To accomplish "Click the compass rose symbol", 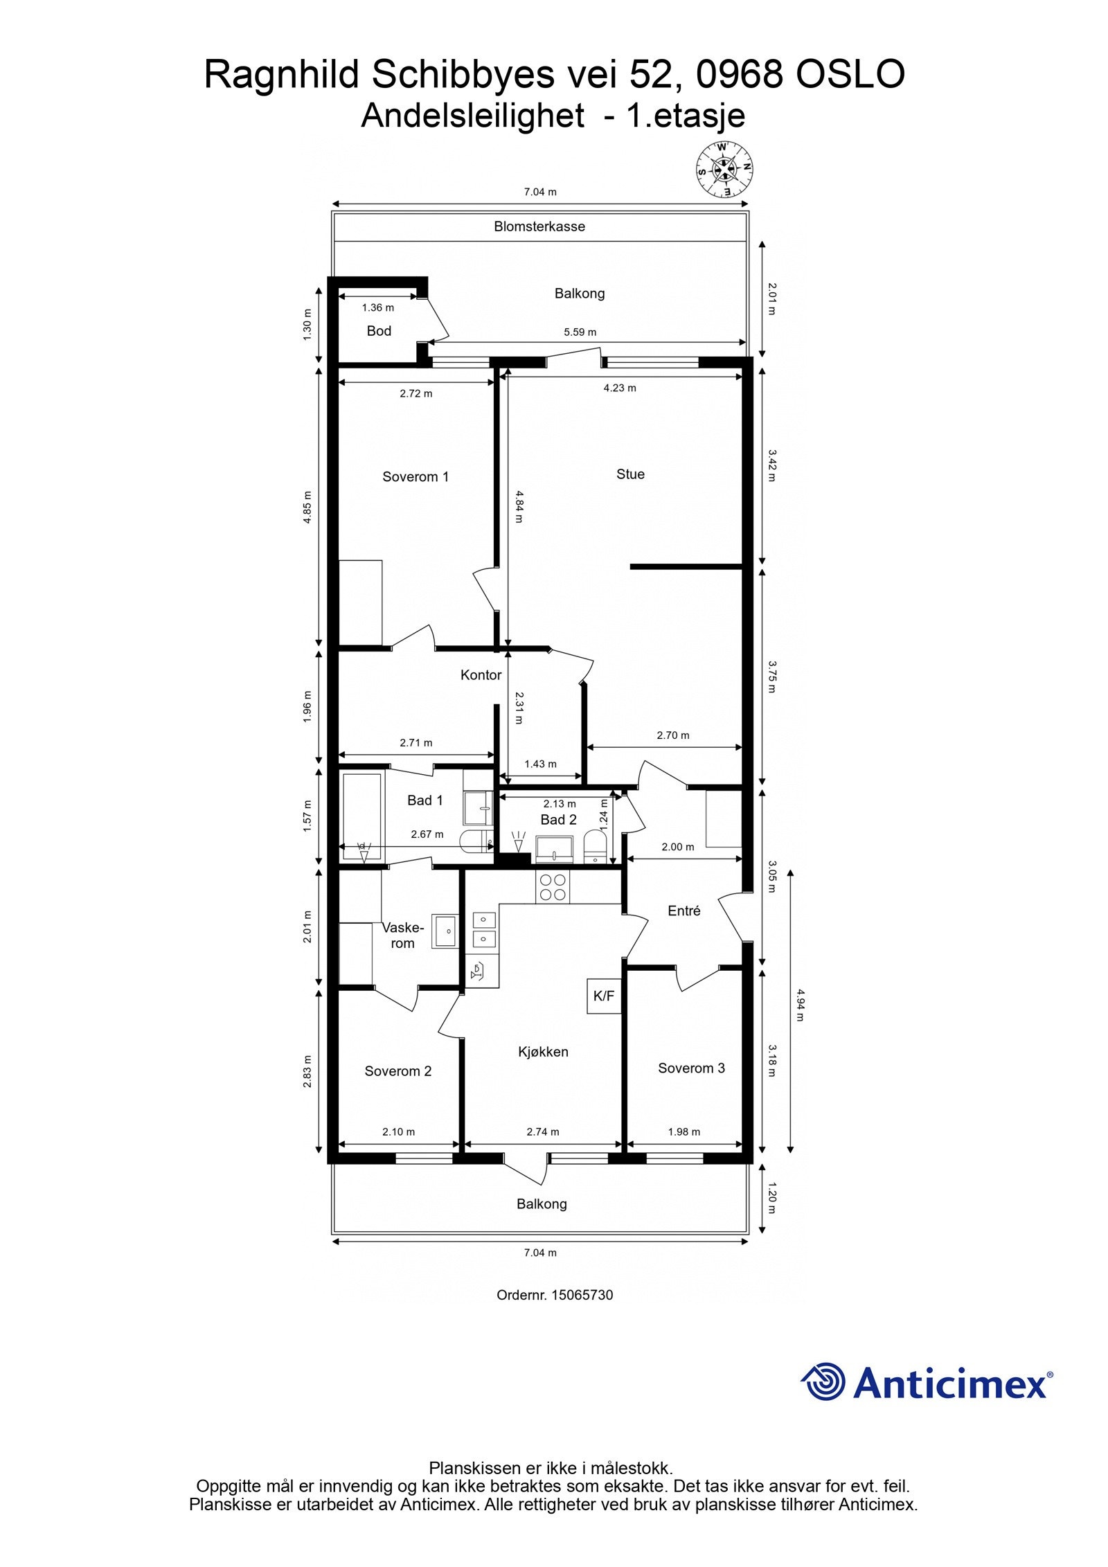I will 724,168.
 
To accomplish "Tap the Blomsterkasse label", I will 539,226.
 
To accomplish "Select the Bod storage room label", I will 379,331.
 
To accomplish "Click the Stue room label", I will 630,474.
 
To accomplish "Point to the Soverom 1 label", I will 415,476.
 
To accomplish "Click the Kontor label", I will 481,674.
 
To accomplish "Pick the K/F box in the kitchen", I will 603,996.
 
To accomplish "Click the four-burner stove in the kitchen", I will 553,888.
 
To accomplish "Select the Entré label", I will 683,911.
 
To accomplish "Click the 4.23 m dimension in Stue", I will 619,388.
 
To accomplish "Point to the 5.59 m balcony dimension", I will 580,332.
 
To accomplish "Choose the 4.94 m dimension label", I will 800,1005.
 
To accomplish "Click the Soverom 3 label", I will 691,1068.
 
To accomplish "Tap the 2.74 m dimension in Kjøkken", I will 542,1131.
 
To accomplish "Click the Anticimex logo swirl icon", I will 824,1381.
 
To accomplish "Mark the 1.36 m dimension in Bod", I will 377,307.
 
